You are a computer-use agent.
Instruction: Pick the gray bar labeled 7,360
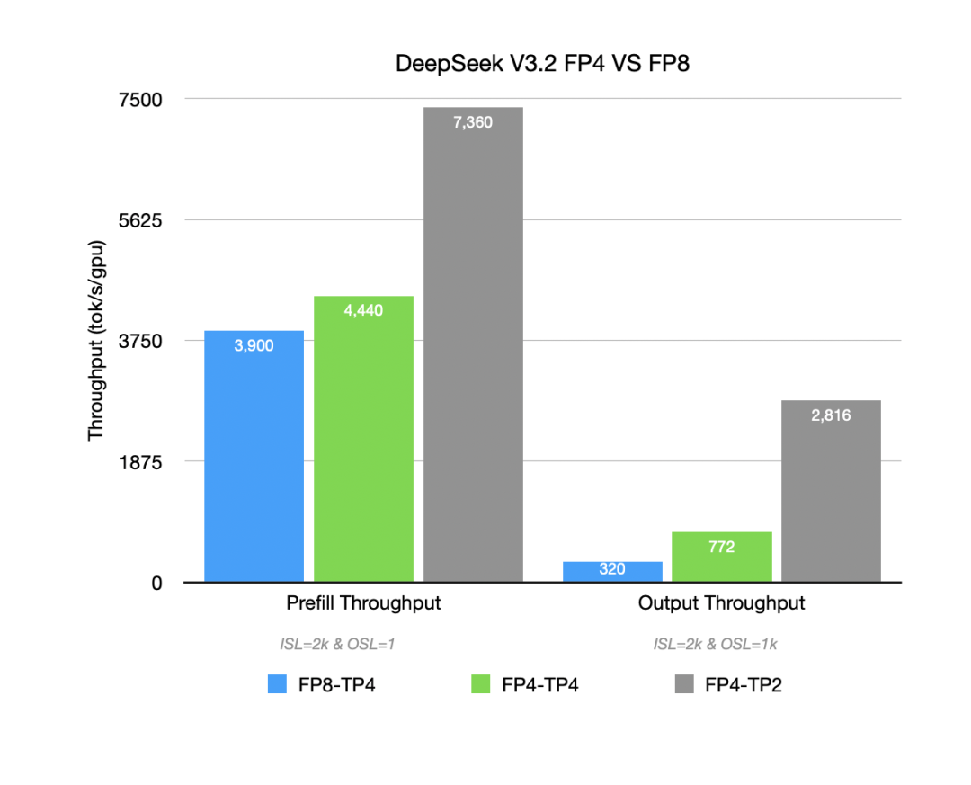click(x=473, y=345)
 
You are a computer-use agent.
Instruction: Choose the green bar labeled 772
click(x=721, y=557)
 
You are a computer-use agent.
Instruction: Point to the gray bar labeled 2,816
click(x=831, y=491)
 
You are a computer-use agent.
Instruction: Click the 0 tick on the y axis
click(x=156, y=583)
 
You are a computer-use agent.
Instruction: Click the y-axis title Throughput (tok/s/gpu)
click(x=96, y=341)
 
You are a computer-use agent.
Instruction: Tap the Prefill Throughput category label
click(x=363, y=603)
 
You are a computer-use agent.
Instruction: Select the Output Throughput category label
click(x=721, y=603)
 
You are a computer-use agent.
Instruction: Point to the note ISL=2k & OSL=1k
click(x=720, y=644)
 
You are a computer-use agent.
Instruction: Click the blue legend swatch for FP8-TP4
click(x=278, y=685)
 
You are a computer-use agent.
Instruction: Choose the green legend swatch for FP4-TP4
click(x=481, y=685)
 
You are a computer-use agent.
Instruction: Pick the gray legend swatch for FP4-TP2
click(x=684, y=685)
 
